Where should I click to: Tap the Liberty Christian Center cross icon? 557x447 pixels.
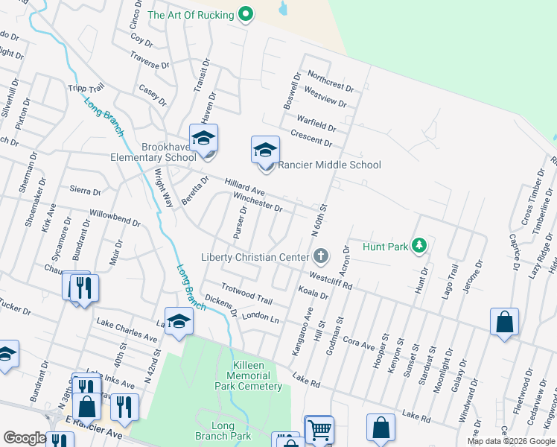(x=321, y=257)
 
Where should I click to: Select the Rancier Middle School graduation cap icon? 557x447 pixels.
(x=265, y=150)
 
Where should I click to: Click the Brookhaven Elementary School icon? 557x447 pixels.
(x=203, y=139)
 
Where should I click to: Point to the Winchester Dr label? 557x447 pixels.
(x=258, y=202)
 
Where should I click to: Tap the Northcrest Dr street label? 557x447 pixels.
(x=330, y=81)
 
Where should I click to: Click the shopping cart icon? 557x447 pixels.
(x=319, y=429)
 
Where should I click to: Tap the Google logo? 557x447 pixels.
(x=25, y=438)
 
